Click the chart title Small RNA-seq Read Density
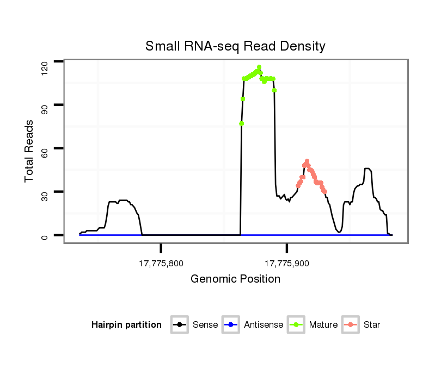point(235,46)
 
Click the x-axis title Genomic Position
point(235,279)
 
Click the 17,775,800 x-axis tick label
point(161,264)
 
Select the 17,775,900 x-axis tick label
point(287,264)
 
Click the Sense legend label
point(205,325)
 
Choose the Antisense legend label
point(264,325)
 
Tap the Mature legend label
point(323,325)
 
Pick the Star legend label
point(372,325)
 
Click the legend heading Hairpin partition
point(126,325)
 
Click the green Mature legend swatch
point(297,325)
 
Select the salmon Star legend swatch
point(351,325)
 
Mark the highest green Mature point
point(259,67)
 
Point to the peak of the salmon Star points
point(307,161)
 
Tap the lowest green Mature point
point(241,124)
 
